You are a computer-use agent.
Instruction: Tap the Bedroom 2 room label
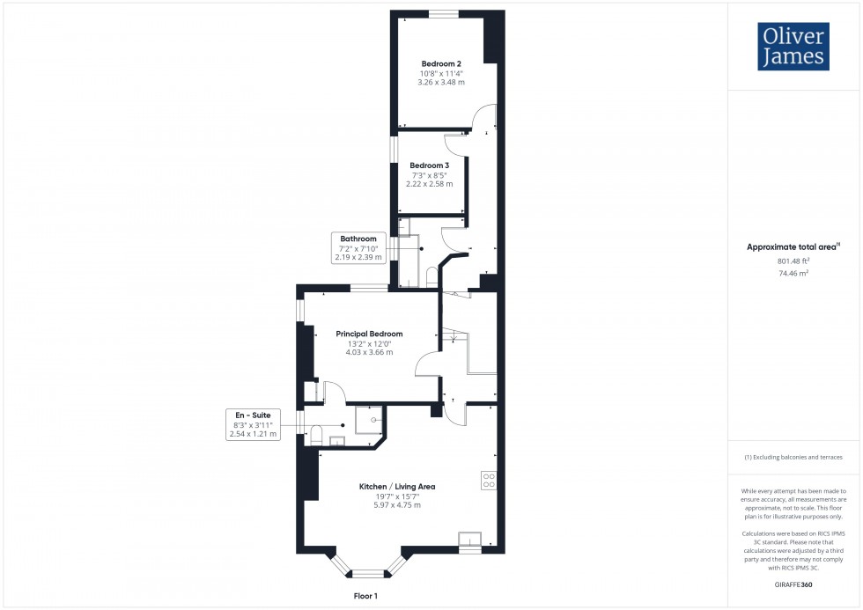(x=441, y=63)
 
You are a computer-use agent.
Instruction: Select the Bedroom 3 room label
(x=430, y=165)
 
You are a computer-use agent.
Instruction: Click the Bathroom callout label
(x=359, y=239)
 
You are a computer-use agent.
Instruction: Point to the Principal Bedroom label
(x=369, y=334)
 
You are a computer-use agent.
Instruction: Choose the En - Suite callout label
(x=254, y=414)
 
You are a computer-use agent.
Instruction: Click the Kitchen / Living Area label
(x=396, y=486)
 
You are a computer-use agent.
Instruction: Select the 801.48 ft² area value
(x=793, y=261)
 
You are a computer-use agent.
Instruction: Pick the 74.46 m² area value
(x=793, y=274)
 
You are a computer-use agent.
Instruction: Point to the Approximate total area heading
(x=792, y=247)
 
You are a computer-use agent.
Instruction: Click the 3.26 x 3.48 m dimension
(x=441, y=82)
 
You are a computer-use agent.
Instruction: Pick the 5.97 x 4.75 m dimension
(x=396, y=505)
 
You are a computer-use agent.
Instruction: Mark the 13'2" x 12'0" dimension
(x=369, y=343)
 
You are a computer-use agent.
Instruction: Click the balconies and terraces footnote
(x=793, y=457)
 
